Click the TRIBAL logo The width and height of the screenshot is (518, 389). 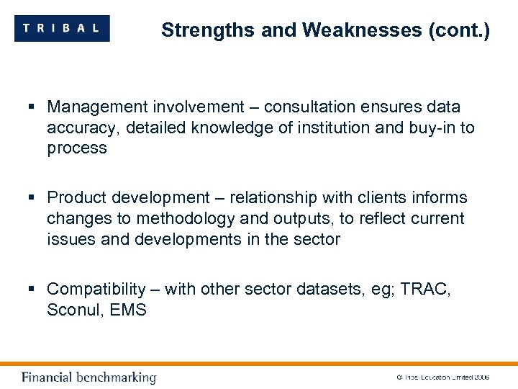click(x=62, y=28)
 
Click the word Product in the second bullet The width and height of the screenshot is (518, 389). click(x=76, y=198)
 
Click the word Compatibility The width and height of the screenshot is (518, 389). click(x=96, y=290)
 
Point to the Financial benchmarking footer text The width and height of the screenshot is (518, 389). click(x=88, y=377)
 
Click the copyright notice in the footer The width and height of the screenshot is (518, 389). click(x=442, y=377)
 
